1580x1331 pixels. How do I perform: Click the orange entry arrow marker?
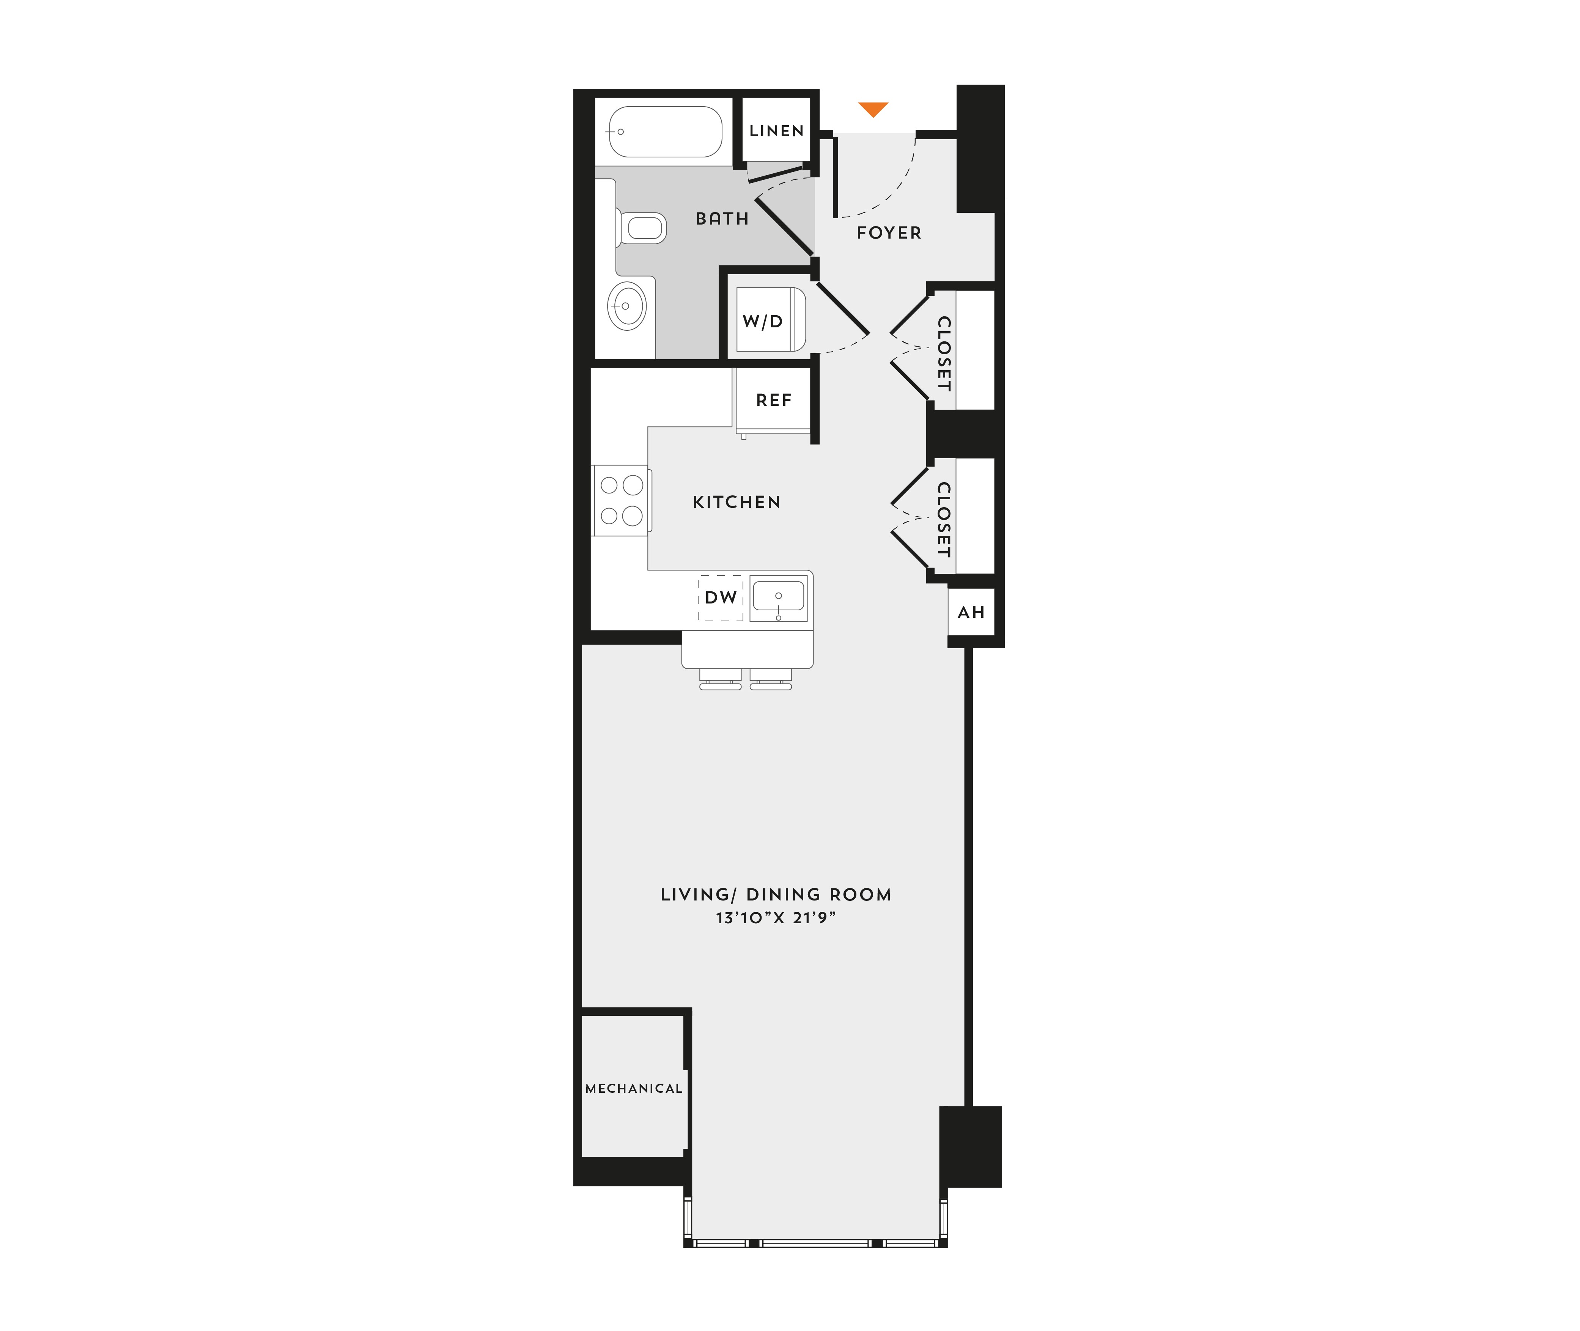point(873,109)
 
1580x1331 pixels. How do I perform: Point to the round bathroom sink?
point(626,306)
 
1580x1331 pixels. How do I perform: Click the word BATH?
point(722,219)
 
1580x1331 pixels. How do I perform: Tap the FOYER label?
point(889,233)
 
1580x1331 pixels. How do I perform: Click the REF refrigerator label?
point(774,400)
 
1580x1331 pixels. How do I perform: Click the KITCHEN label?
point(737,502)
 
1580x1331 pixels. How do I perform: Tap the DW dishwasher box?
point(721,597)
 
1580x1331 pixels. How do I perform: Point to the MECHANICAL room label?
point(634,1088)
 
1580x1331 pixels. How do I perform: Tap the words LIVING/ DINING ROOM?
point(776,895)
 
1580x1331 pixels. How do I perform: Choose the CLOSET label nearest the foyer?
point(944,353)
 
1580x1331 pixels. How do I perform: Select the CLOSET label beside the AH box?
point(944,520)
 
